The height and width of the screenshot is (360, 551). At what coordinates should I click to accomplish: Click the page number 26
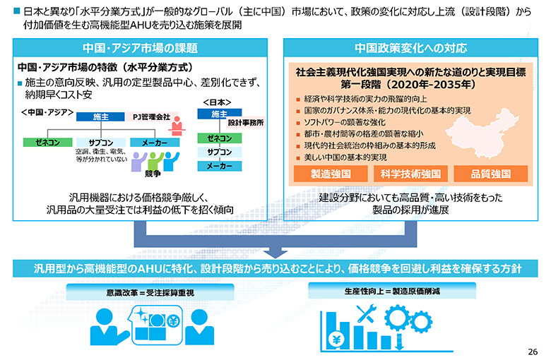click(x=533, y=352)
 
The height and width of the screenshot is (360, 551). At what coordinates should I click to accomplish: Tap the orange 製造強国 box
click(x=331, y=174)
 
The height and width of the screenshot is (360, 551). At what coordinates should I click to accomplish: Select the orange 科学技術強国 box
click(x=410, y=174)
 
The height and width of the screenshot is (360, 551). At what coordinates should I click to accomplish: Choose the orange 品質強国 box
click(x=490, y=174)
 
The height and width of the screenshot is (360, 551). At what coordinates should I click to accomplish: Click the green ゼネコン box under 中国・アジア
click(x=48, y=143)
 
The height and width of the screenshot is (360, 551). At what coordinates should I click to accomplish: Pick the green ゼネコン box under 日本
click(x=220, y=138)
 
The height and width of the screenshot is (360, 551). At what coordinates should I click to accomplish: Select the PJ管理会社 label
click(x=151, y=116)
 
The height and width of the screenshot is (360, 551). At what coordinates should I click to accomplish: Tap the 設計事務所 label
click(x=246, y=123)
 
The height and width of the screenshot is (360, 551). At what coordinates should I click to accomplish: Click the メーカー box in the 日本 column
click(x=220, y=166)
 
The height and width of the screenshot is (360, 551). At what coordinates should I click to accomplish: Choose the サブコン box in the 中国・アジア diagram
click(x=101, y=143)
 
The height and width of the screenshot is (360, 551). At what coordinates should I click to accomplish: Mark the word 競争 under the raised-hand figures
click(x=153, y=174)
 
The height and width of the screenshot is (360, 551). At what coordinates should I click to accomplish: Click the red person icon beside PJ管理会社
click(x=177, y=126)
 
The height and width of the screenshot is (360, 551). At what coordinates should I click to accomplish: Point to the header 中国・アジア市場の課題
click(x=140, y=48)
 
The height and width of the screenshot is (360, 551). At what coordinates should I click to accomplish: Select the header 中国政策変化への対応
click(x=411, y=48)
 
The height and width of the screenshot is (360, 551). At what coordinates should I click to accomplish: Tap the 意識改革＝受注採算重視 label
click(x=150, y=292)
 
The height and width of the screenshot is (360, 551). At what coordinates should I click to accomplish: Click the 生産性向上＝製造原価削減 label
click(x=392, y=291)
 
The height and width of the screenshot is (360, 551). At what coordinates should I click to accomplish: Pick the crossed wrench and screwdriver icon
click(x=366, y=313)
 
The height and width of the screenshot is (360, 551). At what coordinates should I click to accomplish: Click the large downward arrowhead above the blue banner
click(x=275, y=253)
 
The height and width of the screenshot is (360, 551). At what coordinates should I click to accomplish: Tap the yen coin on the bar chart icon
click(x=337, y=340)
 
